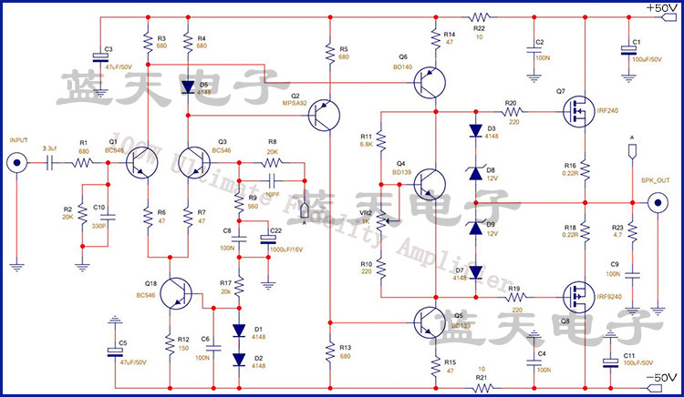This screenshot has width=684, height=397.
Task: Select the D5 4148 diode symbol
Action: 189,88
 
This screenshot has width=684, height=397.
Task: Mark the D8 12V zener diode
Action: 474,170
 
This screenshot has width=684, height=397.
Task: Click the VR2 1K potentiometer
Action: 381,219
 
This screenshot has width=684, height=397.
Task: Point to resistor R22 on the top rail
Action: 480,16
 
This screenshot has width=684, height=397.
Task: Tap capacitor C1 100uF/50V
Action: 626,50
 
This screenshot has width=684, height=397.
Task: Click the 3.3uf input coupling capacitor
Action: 48,163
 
